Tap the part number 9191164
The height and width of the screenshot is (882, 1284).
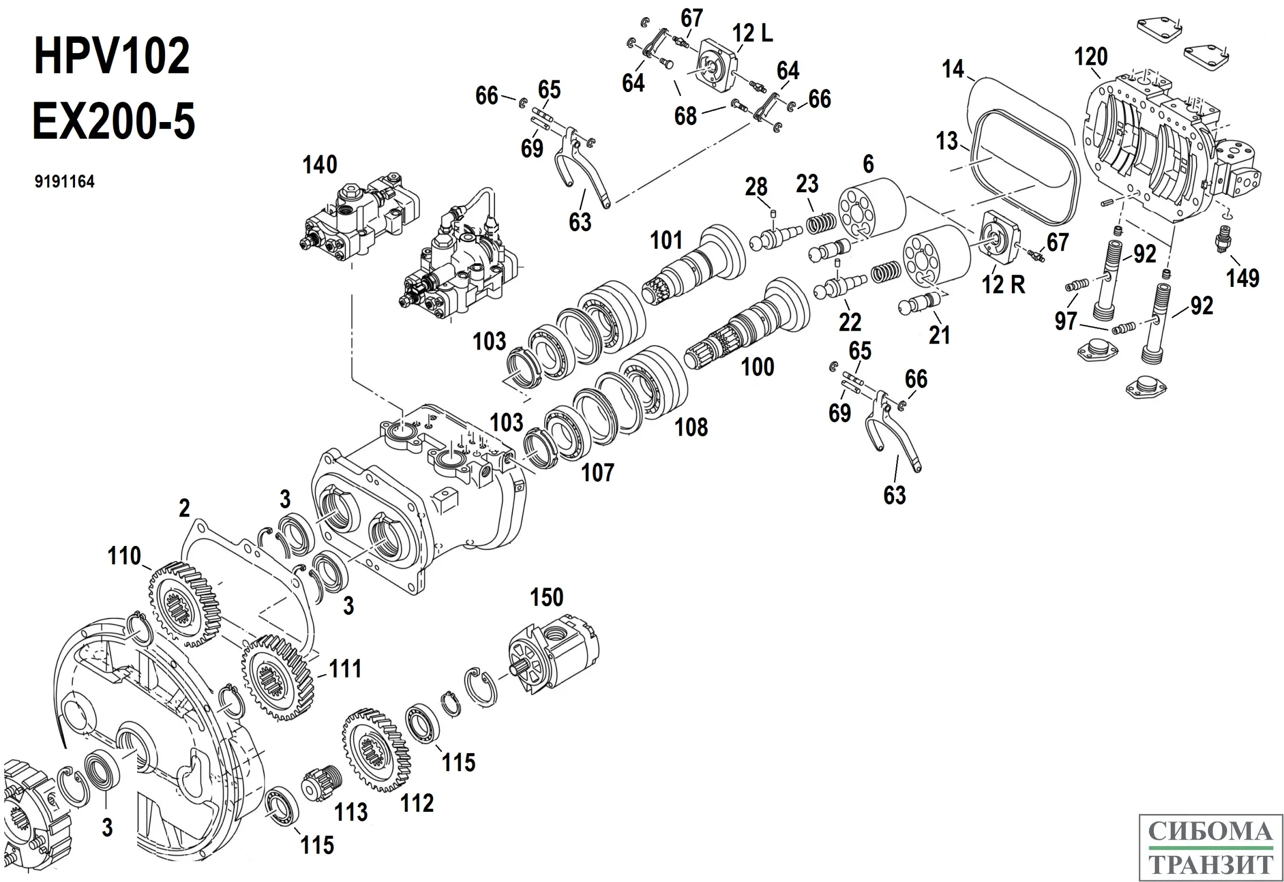pyautogui.click(x=64, y=182)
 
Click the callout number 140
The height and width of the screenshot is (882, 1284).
pyautogui.click(x=320, y=165)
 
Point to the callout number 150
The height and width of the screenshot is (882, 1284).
pyautogui.click(x=546, y=597)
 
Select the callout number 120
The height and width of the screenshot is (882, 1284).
pyautogui.click(x=1091, y=57)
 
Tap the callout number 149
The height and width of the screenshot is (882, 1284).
pyautogui.click(x=1243, y=277)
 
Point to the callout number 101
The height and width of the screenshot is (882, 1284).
pyautogui.click(x=666, y=240)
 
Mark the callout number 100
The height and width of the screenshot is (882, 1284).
pyautogui.click(x=757, y=367)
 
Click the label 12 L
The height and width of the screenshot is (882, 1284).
pyautogui.click(x=752, y=34)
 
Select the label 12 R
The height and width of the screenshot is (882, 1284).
pyautogui.click(x=1003, y=285)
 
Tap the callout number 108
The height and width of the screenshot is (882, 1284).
pyautogui.click(x=691, y=427)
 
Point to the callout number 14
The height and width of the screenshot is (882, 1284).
pyautogui.click(x=953, y=70)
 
